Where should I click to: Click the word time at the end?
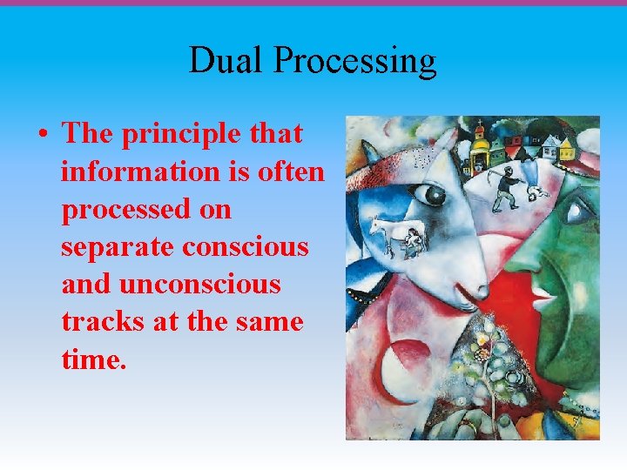(x=91, y=359)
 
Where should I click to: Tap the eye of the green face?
(x=576, y=210)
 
